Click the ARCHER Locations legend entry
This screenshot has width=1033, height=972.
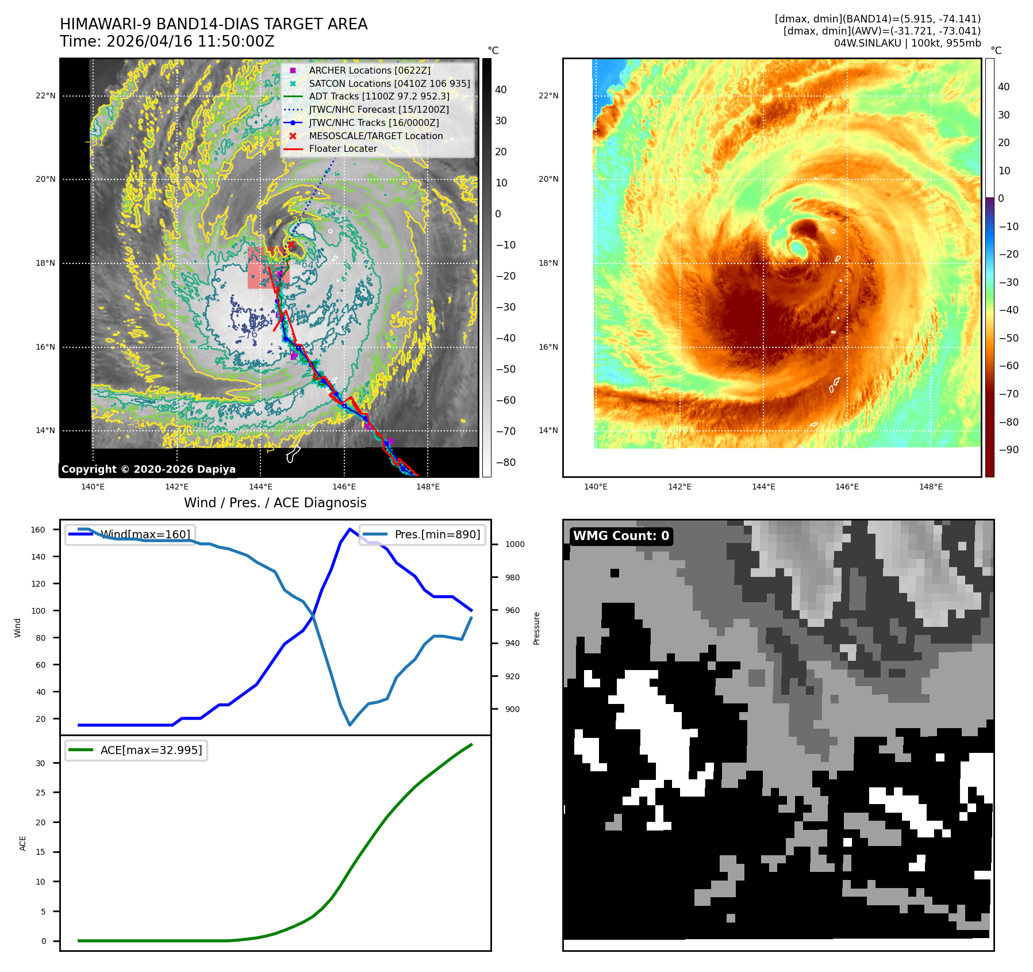pyautogui.click(x=370, y=70)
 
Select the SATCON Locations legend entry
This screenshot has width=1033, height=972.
pyautogui.click(x=389, y=83)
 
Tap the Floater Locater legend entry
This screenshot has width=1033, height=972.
pyautogui.click(x=343, y=148)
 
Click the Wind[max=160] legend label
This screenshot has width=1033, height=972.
pyautogui.click(x=145, y=534)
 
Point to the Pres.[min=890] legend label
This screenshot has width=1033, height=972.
pyautogui.click(x=437, y=534)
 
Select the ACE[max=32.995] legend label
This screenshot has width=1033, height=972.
pyautogui.click(x=151, y=750)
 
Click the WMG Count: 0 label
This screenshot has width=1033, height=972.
pyautogui.click(x=621, y=536)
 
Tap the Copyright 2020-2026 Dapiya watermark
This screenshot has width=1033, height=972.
pyautogui.click(x=148, y=469)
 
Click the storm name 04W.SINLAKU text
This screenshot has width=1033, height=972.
pyautogui.click(x=867, y=43)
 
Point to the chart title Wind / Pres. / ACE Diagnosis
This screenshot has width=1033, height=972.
pyautogui.click(x=275, y=503)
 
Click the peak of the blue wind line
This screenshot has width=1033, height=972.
pyautogui.click(x=350, y=529)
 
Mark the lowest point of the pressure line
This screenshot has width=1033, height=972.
pyautogui.click(x=350, y=725)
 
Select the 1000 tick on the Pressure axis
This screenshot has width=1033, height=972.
pyautogui.click(x=515, y=544)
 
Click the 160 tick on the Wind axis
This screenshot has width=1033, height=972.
pyautogui.click(x=38, y=530)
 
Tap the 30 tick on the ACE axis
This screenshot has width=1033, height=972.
pyautogui.click(x=40, y=763)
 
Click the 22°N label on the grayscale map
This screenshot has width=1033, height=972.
pyautogui.click(x=45, y=95)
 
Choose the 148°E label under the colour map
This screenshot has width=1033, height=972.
pyautogui.click(x=931, y=487)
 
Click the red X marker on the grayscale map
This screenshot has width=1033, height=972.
pyautogui.click(x=291, y=245)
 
